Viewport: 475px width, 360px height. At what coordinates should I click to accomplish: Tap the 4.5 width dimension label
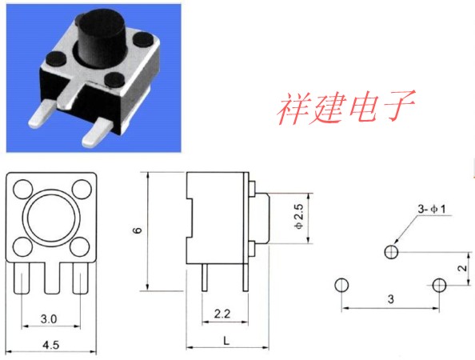pyautogui.click(x=51, y=345)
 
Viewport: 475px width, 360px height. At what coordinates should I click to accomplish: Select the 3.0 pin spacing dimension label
pyautogui.click(x=49, y=319)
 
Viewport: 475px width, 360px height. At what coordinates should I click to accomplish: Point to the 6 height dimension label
pyautogui.click(x=138, y=230)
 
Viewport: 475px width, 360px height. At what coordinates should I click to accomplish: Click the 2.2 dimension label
pyautogui.click(x=222, y=314)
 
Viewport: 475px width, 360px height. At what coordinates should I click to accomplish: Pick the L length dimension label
pyautogui.click(x=226, y=341)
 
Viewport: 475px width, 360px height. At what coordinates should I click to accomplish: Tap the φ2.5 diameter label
pyautogui.click(x=298, y=216)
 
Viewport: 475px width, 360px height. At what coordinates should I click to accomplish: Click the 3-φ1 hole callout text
pyautogui.click(x=432, y=209)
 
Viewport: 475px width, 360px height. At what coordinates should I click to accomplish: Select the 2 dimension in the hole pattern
pyautogui.click(x=462, y=268)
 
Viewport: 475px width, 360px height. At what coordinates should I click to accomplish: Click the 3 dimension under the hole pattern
pyautogui.click(x=391, y=299)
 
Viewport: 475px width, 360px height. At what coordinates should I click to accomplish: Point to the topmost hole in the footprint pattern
pyautogui.click(x=391, y=252)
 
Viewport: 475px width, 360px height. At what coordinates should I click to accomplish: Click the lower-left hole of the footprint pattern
pyautogui.click(x=341, y=285)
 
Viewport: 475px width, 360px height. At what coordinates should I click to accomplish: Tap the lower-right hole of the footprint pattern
pyautogui.click(x=439, y=285)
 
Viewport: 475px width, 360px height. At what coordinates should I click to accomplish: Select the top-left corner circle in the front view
pyautogui.click(x=23, y=189)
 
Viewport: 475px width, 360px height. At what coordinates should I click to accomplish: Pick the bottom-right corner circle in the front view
pyautogui.click(x=80, y=246)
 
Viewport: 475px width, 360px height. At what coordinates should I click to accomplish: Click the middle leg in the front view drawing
pyautogui.click(x=52, y=278)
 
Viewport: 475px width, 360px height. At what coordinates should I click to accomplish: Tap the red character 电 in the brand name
pyautogui.click(x=364, y=107)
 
